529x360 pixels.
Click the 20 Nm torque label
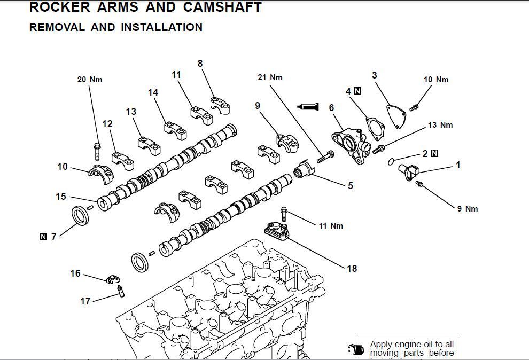point(89,80)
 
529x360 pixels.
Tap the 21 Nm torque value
point(270,77)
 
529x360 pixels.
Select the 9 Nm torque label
point(468,209)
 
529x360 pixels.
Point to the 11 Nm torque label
point(331,226)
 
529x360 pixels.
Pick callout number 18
point(352,269)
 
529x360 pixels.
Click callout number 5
point(351,186)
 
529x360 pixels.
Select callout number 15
point(61,197)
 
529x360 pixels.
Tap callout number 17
point(85,301)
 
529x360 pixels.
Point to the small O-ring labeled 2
point(391,161)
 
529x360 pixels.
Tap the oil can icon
point(355,349)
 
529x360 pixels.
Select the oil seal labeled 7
point(81,217)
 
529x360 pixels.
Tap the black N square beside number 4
point(357,91)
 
